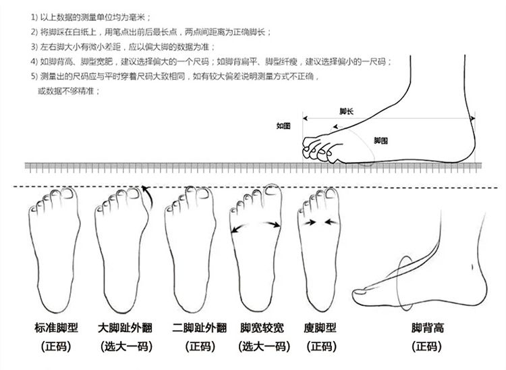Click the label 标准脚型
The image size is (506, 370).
tap(56, 329)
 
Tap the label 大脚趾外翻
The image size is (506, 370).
tap(125, 329)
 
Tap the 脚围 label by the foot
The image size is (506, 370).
tap(381, 140)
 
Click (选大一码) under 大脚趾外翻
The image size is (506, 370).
tap(125, 347)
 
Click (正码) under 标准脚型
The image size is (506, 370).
tap(56, 347)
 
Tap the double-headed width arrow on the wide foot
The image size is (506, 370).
tap(256, 229)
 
